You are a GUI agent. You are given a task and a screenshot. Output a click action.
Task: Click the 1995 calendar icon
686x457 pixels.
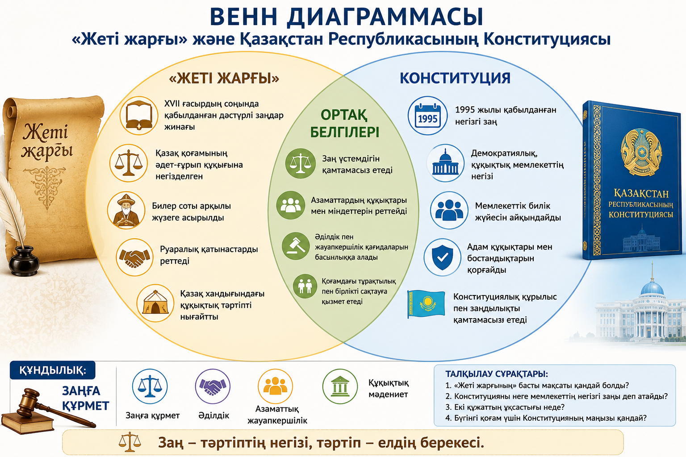click(427, 116)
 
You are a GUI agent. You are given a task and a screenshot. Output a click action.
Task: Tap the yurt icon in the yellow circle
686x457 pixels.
click(155, 303)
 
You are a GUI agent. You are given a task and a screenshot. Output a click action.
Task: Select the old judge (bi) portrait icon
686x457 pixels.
click(126, 210)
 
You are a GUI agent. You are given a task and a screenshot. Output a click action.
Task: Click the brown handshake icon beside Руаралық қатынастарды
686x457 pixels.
click(135, 257)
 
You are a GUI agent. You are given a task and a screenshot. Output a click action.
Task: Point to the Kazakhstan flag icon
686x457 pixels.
click(426, 304)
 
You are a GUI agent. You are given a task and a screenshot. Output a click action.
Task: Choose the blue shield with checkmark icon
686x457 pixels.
click(443, 258)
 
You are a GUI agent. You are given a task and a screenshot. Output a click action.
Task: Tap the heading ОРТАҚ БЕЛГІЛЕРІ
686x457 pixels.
click(344, 124)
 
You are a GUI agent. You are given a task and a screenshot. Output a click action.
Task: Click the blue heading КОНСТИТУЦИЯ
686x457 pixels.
click(455, 78)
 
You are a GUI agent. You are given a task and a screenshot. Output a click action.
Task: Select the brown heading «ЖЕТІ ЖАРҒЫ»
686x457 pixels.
click(224, 79)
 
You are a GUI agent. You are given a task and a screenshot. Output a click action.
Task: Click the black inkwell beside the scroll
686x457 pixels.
click(24, 260)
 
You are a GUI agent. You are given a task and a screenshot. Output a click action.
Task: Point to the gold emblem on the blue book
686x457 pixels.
click(641, 152)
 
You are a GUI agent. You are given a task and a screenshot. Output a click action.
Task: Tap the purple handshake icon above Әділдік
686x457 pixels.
click(213, 386)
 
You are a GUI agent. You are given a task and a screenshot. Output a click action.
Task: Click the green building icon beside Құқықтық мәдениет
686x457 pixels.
click(340, 386)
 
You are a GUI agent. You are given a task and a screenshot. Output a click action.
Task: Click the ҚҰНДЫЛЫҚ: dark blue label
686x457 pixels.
click(53, 370)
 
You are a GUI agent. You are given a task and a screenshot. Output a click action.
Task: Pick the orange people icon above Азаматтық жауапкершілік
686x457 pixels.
click(275, 386)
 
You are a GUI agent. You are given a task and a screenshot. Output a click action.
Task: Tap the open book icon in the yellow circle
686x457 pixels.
click(139, 116)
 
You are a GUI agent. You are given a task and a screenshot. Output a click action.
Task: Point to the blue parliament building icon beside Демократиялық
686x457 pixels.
click(446, 163)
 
